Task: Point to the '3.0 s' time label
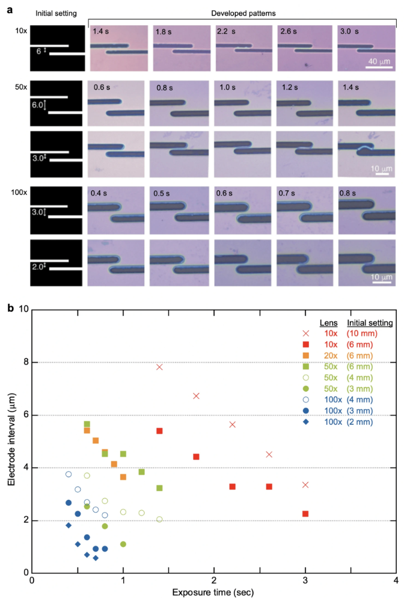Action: (350, 31)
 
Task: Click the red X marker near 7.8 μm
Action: (159, 367)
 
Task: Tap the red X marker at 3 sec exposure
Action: (305, 485)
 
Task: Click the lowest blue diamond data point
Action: (96, 558)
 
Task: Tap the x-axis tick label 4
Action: (396, 582)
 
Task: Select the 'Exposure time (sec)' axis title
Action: (213, 593)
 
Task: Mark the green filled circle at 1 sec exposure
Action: (123, 544)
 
